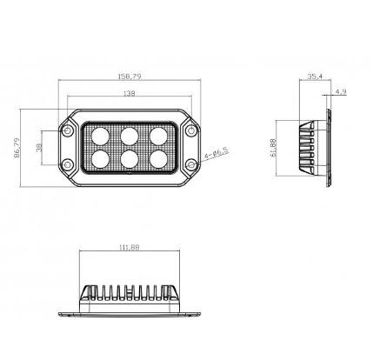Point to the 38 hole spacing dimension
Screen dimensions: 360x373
click(37, 148)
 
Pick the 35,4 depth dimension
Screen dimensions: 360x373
click(316, 77)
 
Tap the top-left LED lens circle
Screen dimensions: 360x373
click(101, 136)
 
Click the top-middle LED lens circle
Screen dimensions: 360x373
click(129, 136)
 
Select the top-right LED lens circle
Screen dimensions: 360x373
click(157, 136)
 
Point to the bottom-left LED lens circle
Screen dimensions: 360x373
click(101, 158)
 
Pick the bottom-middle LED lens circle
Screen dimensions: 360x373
click(129, 158)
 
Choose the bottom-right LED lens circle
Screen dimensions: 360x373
click(157, 158)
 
